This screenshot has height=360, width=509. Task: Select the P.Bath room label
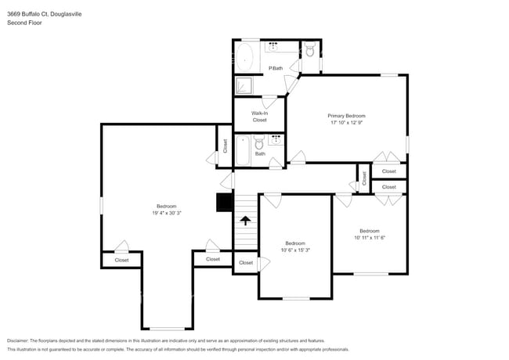pos(276,68)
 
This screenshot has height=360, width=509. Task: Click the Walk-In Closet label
pos(259,117)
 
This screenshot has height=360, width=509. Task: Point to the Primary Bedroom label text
pos(346,116)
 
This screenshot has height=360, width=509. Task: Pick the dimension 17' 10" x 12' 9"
pos(346,123)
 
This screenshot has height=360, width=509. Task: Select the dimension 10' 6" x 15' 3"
pos(294,250)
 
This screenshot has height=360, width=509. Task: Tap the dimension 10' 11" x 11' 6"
pos(370,238)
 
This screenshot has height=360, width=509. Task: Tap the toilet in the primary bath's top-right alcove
pos(310,51)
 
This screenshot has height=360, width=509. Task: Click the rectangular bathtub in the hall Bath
pos(241,150)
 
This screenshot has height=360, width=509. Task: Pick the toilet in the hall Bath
pos(258,143)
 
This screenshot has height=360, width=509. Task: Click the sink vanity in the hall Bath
pos(276,140)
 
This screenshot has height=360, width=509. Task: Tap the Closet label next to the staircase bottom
pos(246,263)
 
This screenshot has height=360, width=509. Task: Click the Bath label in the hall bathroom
pos(259,153)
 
